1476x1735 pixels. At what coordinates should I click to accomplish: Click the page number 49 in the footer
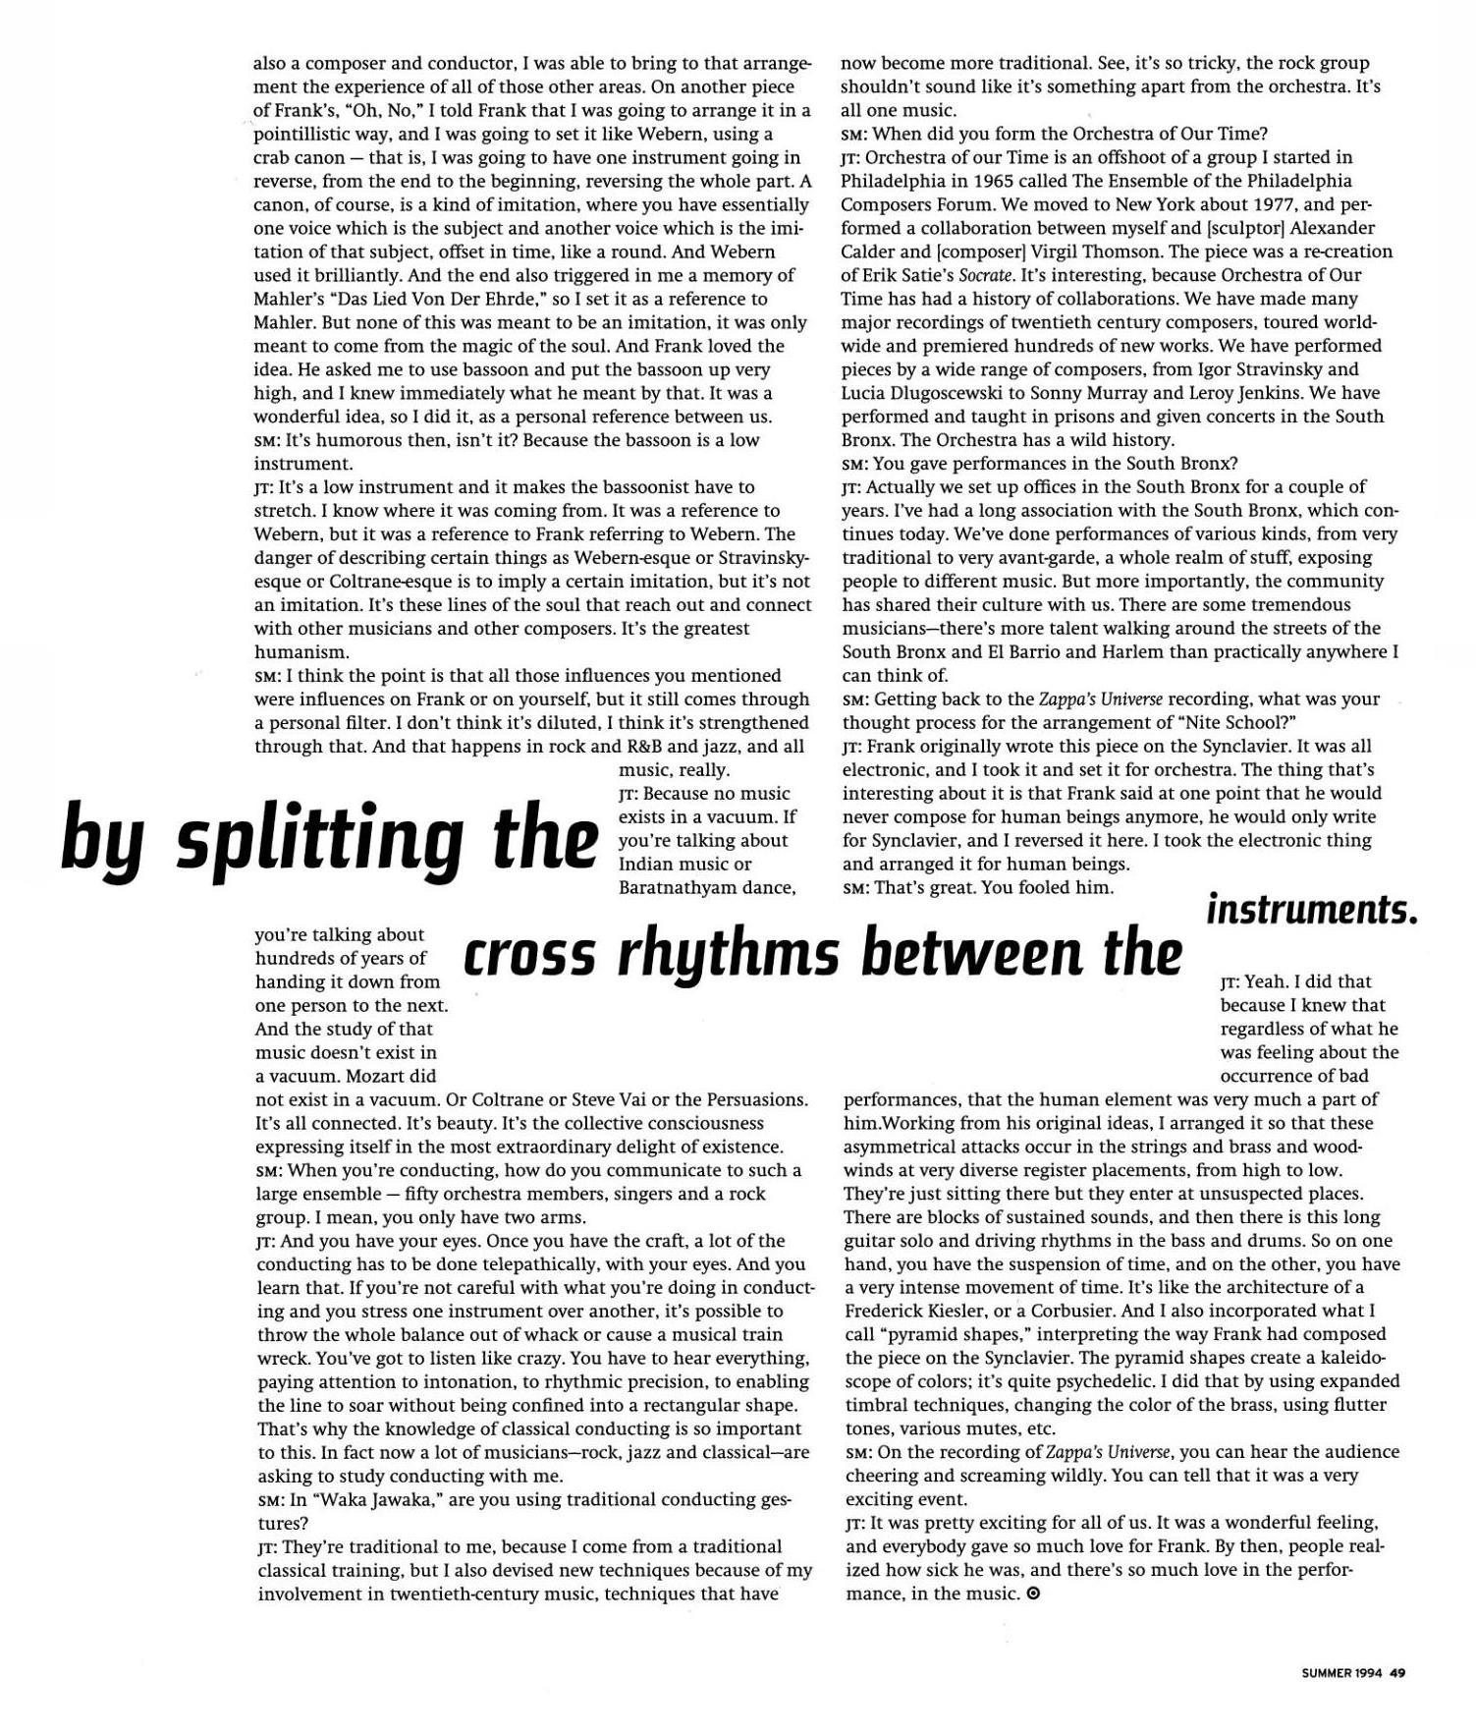click(x=1397, y=1674)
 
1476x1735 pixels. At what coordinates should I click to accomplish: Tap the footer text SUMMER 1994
click(x=1341, y=1674)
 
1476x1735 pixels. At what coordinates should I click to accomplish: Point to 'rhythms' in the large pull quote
click(x=729, y=955)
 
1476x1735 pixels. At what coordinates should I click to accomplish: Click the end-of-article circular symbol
click(x=1032, y=1594)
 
